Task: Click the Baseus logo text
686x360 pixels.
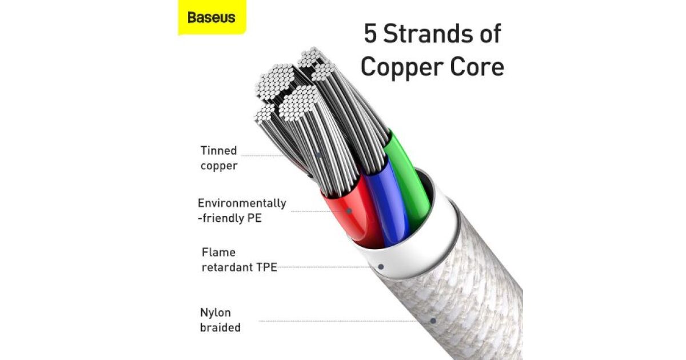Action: pyautogui.click(x=212, y=18)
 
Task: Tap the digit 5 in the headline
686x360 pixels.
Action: pyautogui.click(x=370, y=33)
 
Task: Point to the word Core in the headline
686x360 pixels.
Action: pyautogui.click(x=477, y=67)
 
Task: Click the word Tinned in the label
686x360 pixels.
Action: pyautogui.click(x=218, y=151)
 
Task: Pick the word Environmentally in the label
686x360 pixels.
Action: pyautogui.click(x=242, y=203)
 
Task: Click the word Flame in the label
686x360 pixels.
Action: pyautogui.click(x=218, y=252)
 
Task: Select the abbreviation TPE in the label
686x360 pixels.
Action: pyautogui.click(x=266, y=267)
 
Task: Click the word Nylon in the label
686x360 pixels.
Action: pyautogui.click(x=216, y=313)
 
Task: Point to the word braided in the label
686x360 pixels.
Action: pyautogui.click(x=221, y=327)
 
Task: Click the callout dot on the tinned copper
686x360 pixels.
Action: pyautogui.click(x=319, y=155)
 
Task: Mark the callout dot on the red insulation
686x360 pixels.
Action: pyautogui.click(x=349, y=211)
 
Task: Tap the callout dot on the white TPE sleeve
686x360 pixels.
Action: pyautogui.click(x=381, y=267)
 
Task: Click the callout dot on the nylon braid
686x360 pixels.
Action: pyautogui.click(x=433, y=321)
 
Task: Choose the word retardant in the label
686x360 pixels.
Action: pyautogui.click(x=228, y=267)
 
